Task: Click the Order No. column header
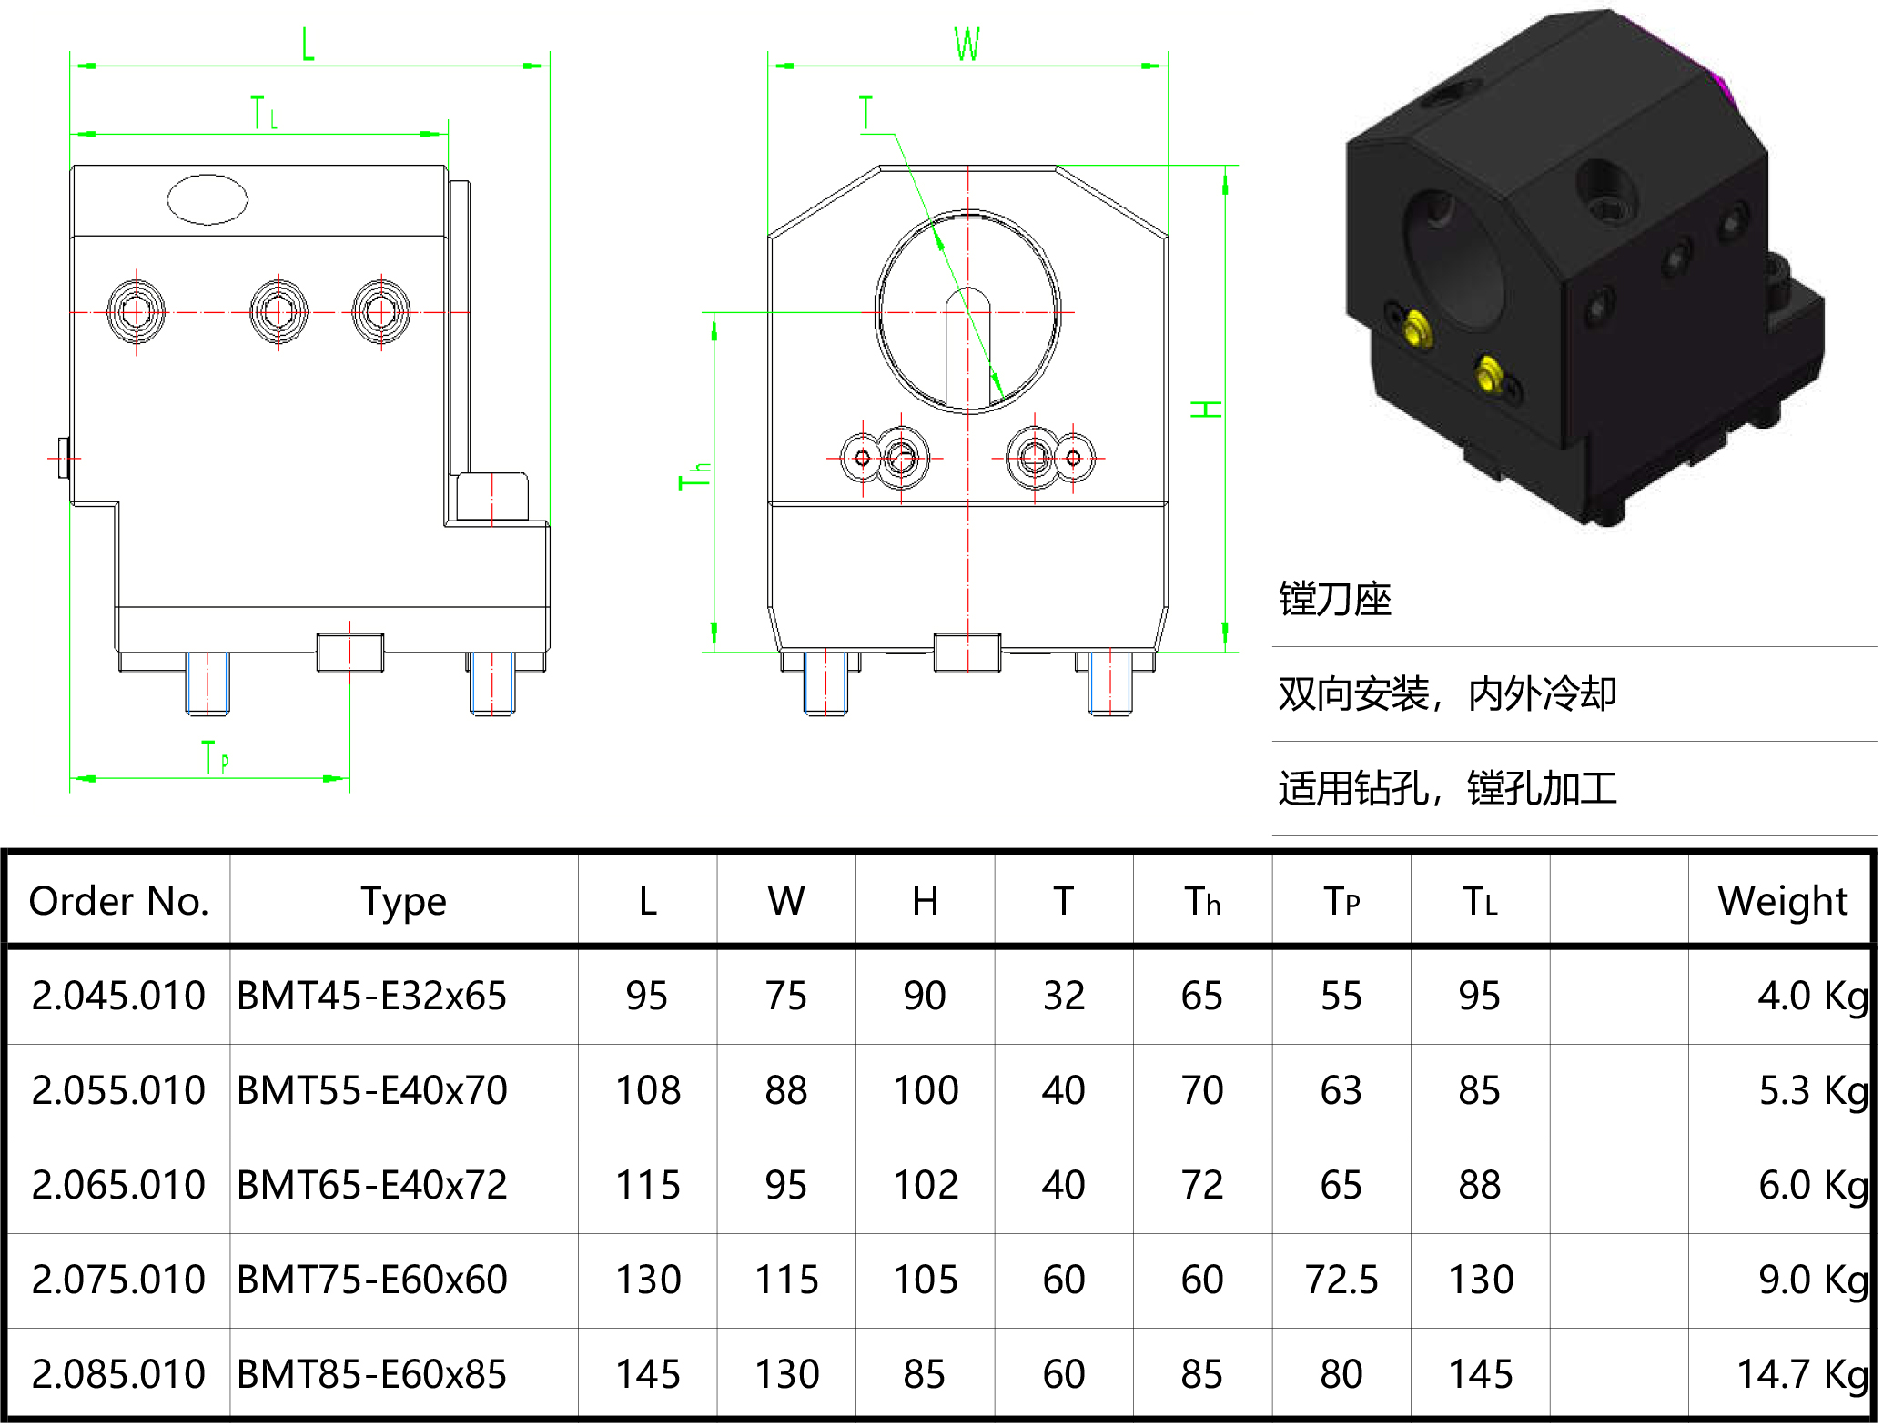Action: [119, 901]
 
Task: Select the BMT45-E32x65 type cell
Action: [371, 996]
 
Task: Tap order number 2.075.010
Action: [119, 1280]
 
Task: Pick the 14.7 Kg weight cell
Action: [1802, 1374]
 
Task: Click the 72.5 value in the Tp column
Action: [1341, 1280]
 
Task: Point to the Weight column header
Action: [1782, 901]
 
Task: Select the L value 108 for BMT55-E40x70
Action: [648, 1090]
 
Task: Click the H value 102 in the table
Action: [926, 1185]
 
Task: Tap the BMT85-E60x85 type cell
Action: [371, 1374]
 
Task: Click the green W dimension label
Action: [967, 44]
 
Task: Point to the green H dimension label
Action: [1207, 410]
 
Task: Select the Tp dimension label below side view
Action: [215, 757]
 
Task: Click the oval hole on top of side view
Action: [208, 199]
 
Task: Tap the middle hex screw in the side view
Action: [278, 312]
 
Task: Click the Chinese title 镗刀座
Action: [1335, 600]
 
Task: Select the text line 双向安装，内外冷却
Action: [1447, 694]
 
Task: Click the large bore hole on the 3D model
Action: [1453, 259]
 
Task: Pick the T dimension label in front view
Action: [865, 113]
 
